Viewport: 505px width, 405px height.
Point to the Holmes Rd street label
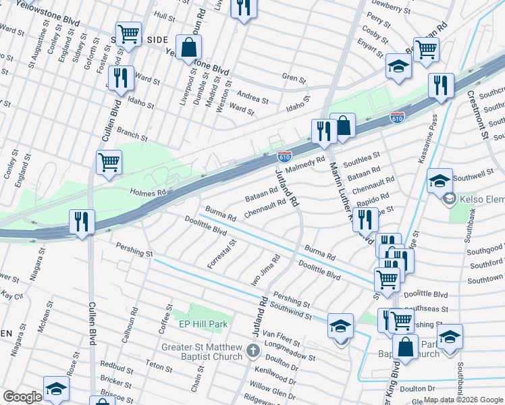(147, 193)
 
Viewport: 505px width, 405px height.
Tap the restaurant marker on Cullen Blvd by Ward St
(121, 78)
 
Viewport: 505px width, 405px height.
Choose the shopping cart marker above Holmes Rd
(109, 162)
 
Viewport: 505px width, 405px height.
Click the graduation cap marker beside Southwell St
(440, 180)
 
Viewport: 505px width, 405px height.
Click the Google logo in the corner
(22, 397)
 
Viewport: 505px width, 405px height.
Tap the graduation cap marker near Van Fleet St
(341, 325)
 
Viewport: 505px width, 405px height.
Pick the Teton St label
(159, 367)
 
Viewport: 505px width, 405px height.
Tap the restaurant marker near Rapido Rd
(365, 219)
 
